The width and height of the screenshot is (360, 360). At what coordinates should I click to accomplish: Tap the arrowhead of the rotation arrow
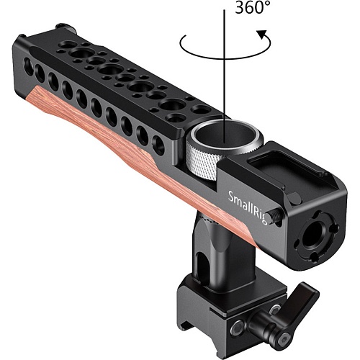[x=262, y=35]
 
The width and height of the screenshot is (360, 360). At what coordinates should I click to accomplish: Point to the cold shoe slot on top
[x=286, y=168]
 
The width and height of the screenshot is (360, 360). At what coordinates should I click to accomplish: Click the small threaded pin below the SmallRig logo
[x=275, y=215]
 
